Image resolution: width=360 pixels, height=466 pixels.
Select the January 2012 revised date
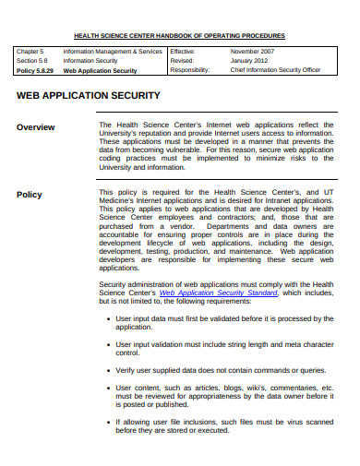click(246, 61)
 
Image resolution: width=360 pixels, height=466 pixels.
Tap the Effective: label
click(183, 53)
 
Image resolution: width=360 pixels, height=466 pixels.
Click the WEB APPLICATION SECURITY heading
click(89, 96)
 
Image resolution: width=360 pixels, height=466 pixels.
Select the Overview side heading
click(35, 127)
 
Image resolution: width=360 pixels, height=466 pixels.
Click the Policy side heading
click(30, 195)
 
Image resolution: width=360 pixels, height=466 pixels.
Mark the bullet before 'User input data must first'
click(109, 318)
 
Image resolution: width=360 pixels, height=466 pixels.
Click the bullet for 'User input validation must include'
click(109, 344)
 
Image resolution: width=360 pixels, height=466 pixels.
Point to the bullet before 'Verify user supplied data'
click(109, 369)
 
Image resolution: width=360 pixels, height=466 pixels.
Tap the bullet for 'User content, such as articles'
click(109, 389)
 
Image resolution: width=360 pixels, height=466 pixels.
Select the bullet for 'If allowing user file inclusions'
click(109, 423)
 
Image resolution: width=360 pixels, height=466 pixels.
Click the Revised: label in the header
click(182, 61)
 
